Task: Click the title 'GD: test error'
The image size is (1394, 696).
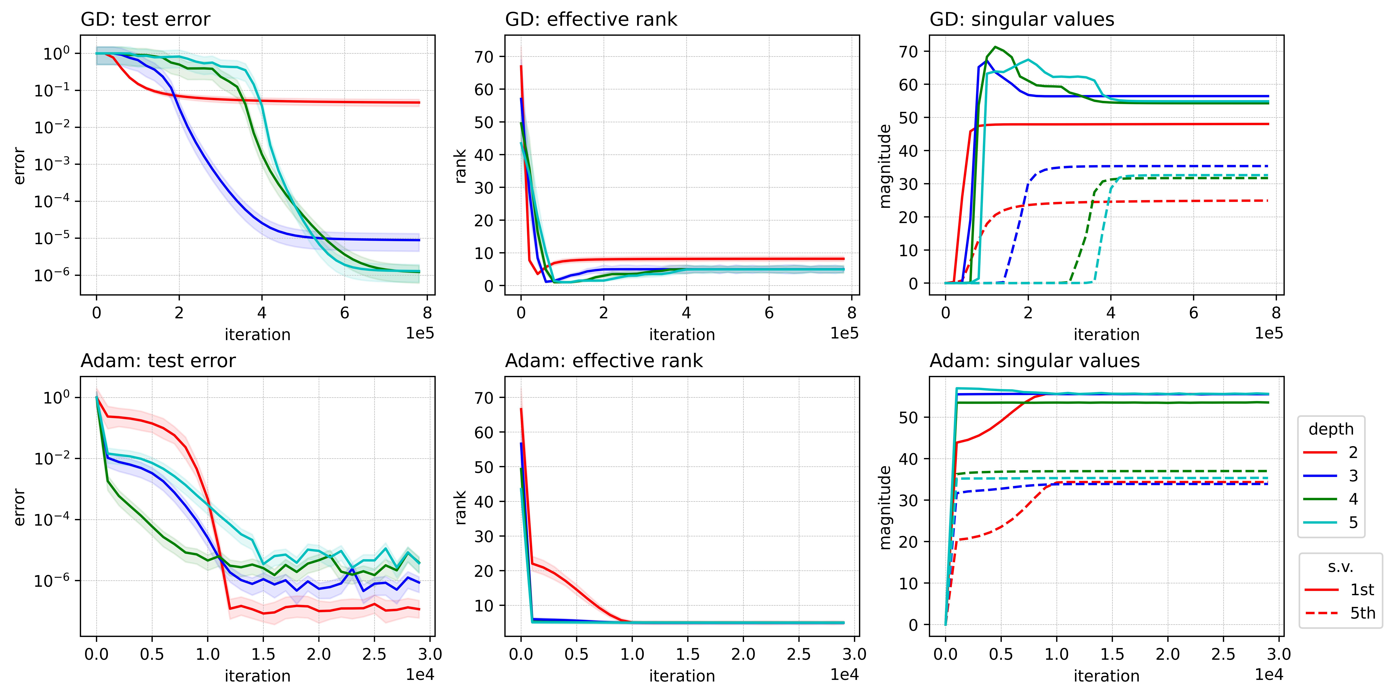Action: point(145,20)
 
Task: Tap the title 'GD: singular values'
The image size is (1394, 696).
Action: point(1022,20)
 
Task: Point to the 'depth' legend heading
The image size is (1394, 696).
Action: point(1331,429)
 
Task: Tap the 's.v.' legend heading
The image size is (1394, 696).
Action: point(1340,567)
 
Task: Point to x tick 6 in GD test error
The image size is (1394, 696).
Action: point(345,313)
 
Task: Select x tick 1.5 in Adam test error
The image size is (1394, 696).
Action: point(263,654)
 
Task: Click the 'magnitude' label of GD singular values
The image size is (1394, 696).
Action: point(885,166)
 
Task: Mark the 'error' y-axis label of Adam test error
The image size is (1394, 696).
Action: point(20,507)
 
